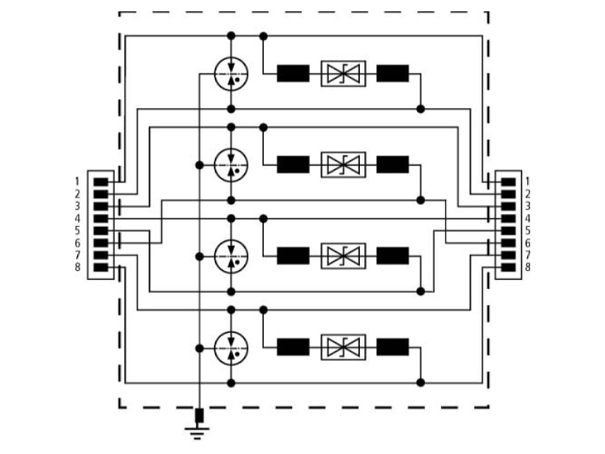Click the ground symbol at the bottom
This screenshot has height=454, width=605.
[x=197, y=433]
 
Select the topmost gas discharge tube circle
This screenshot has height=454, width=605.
[x=231, y=73]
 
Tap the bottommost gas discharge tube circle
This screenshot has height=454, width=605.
[x=231, y=348]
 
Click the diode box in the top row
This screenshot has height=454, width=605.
[x=343, y=73]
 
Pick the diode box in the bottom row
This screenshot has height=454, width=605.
[x=343, y=347]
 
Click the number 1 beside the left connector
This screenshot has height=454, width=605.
[x=78, y=182]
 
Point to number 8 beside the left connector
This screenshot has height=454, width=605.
[x=78, y=267]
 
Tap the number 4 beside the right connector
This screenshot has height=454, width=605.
[x=527, y=219]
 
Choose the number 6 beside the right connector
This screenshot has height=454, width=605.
[x=527, y=243]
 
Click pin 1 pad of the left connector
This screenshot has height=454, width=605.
[x=101, y=182]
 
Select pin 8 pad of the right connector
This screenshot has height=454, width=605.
[x=508, y=267]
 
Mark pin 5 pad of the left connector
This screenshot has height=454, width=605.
[x=101, y=231]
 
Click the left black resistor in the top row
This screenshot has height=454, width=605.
[x=293, y=73]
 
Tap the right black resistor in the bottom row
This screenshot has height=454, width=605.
[x=392, y=347]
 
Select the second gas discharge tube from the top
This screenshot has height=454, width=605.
[x=231, y=165]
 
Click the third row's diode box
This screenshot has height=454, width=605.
[x=343, y=256]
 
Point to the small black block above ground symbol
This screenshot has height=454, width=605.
[x=199, y=415]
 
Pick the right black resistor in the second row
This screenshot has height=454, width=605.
[x=392, y=164]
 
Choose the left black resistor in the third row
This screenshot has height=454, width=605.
[x=293, y=256]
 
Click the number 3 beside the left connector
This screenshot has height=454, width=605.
[x=78, y=206]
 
